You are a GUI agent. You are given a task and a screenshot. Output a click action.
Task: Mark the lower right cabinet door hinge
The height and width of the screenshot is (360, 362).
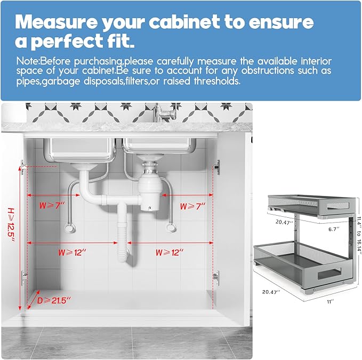[x=215, y=276]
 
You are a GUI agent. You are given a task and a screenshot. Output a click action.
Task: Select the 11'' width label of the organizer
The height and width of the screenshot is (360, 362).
[x=331, y=302]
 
